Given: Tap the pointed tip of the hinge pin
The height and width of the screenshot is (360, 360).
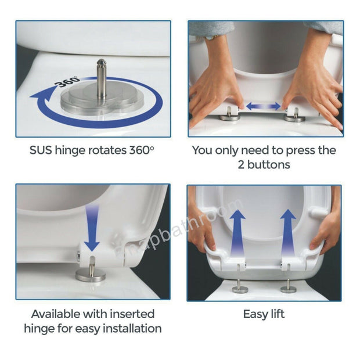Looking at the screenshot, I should click(x=101, y=62).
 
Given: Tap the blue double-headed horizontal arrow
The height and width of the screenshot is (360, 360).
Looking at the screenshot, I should click(x=265, y=106).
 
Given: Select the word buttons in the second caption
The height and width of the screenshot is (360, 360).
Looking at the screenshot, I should click(x=269, y=165).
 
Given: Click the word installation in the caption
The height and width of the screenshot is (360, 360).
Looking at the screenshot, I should click(x=127, y=329).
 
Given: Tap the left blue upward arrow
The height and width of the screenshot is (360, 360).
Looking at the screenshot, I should click(x=237, y=232).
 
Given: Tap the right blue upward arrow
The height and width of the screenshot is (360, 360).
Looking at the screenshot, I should click(x=287, y=232).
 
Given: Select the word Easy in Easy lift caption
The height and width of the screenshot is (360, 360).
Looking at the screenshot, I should click(x=254, y=314).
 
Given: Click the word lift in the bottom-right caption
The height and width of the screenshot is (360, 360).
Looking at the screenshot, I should click(x=278, y=314).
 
